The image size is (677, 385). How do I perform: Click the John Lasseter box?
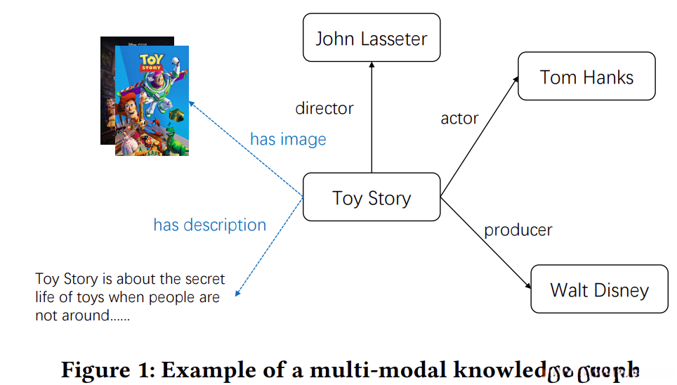[371, 38]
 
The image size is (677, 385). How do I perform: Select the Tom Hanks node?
[586, 77]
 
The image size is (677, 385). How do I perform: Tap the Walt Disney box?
[599, 289]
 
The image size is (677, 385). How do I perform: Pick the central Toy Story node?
[371, 197]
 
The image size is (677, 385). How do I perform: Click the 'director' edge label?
[324, 108]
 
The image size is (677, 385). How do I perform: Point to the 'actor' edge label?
[459, 118]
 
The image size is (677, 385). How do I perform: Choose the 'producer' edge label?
[518, 230]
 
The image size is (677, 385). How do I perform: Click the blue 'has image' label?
[288, 139]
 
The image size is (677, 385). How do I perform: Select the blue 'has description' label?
[209, 225]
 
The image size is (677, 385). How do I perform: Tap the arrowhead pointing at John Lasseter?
[371, 65]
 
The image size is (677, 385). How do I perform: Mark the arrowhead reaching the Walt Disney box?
[529, 287]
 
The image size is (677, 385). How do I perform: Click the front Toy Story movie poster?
[152, 100]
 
